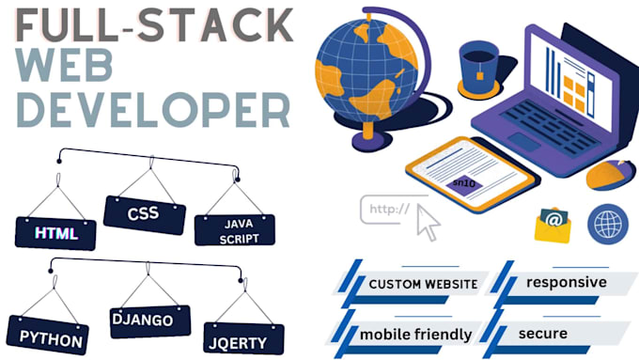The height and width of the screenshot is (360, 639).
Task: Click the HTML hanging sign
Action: pyautogui.click(x=55, y=232)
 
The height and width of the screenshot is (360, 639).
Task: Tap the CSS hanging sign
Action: pyautogui.click(x=143, y=213)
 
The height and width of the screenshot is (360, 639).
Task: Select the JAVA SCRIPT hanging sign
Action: pyautogui.click(x=234, y=229)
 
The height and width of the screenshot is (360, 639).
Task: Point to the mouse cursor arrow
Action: pyautogui.click(x=428, y=223)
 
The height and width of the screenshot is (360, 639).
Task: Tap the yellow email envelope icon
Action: pyautogui.click(x=553, y=225)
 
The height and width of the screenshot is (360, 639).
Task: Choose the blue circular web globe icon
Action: pyautogui.click(x=607, y=225)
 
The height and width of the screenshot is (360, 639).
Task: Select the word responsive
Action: pyautogui.click(x=567, y=282)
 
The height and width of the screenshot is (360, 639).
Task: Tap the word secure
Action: pyautogui.click(x=542, y=333)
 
